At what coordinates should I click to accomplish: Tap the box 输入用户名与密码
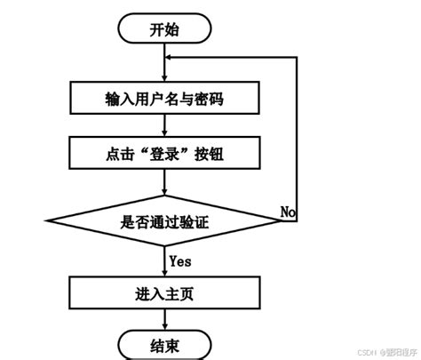(x=164, y=99)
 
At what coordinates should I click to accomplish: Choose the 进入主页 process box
(x=164, y=292)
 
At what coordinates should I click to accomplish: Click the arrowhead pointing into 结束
(x=164, y=325)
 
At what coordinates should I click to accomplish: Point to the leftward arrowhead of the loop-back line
(x=171, y=54)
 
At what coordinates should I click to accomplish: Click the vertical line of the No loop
(x=297, y=133)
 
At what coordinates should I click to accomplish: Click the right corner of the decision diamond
(x=283, y=220)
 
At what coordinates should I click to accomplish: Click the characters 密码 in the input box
(x=207, y=99)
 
